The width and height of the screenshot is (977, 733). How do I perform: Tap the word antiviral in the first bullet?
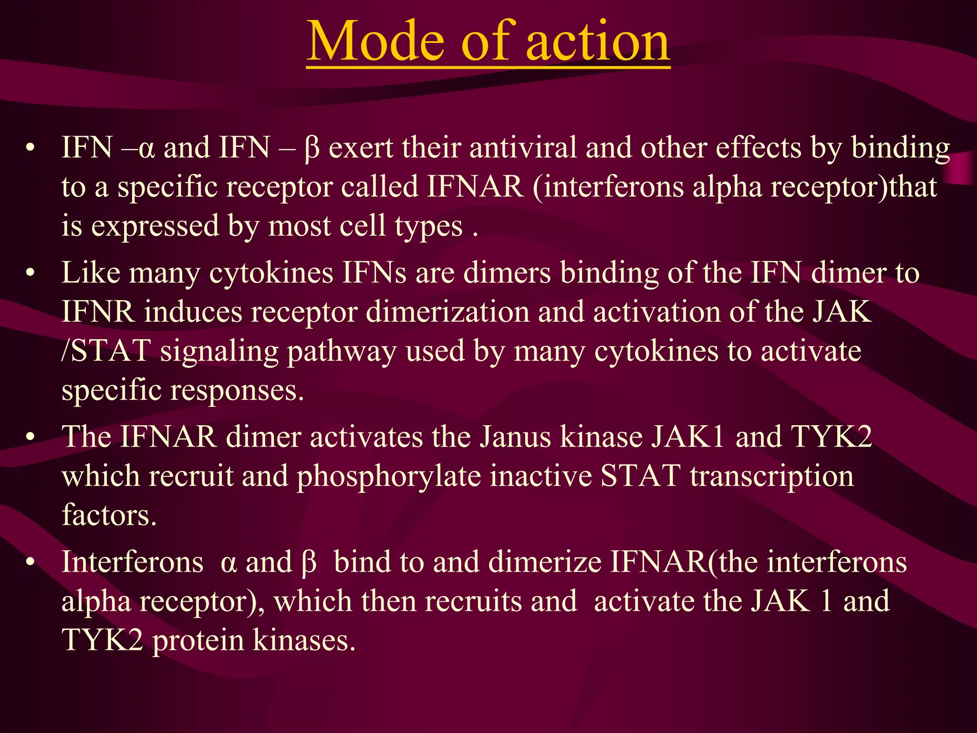coord(523,148)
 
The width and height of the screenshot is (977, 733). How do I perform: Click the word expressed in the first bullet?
coord(155,226)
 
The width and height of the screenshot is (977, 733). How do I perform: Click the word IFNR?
coord(98,312)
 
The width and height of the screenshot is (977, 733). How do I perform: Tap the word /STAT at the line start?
coord(106,351)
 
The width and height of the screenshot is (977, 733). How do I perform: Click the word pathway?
coord(342,352)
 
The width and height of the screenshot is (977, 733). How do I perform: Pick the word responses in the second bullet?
coord(237,391)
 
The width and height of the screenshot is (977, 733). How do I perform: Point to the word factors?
coord(109,515)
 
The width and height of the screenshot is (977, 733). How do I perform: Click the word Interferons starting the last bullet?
coord(132,562)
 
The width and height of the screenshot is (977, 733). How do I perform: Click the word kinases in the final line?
coord(304,640)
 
